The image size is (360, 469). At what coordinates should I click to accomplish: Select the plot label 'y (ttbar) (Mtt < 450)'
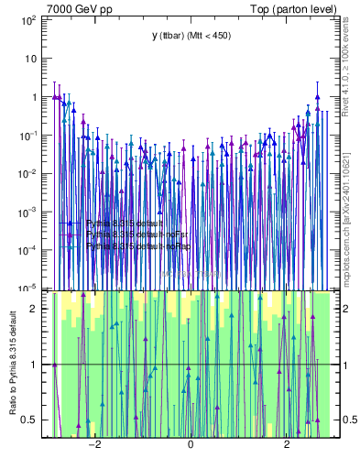(x=190, y=36)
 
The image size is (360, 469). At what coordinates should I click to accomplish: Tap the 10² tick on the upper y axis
(x=30, y=19)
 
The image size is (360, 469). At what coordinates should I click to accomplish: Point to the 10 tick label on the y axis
(x=33, y=58)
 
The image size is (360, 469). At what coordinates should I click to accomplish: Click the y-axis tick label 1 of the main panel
(x=36, y=97)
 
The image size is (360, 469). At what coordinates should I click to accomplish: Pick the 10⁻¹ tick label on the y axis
(x=30, y=135)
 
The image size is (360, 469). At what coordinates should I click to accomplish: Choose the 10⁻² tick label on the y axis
(x=30, y=173)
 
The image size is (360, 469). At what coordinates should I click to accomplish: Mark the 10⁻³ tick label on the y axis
(x=30, y=212)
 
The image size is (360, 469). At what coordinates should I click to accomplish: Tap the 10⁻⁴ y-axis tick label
(x=30, y=250)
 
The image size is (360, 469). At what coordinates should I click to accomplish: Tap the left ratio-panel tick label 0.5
(x=32, y=420)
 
